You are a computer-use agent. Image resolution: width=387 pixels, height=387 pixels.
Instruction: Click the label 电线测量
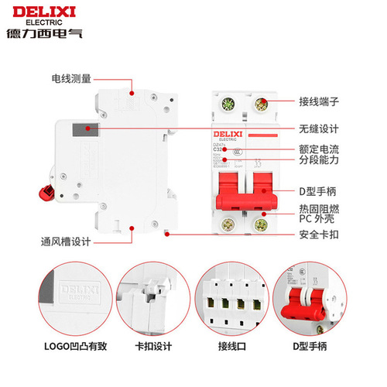pyautogui.click(x=71, y=78)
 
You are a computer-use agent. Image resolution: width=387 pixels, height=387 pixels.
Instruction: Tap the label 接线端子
pyautogui.click(x=320, y=101)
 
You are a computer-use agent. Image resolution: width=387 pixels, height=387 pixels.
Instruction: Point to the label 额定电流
pyautogui.click(x=320, y=149)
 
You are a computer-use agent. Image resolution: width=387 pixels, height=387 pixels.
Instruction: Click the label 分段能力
pyautogui.click(x=320, y=161)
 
